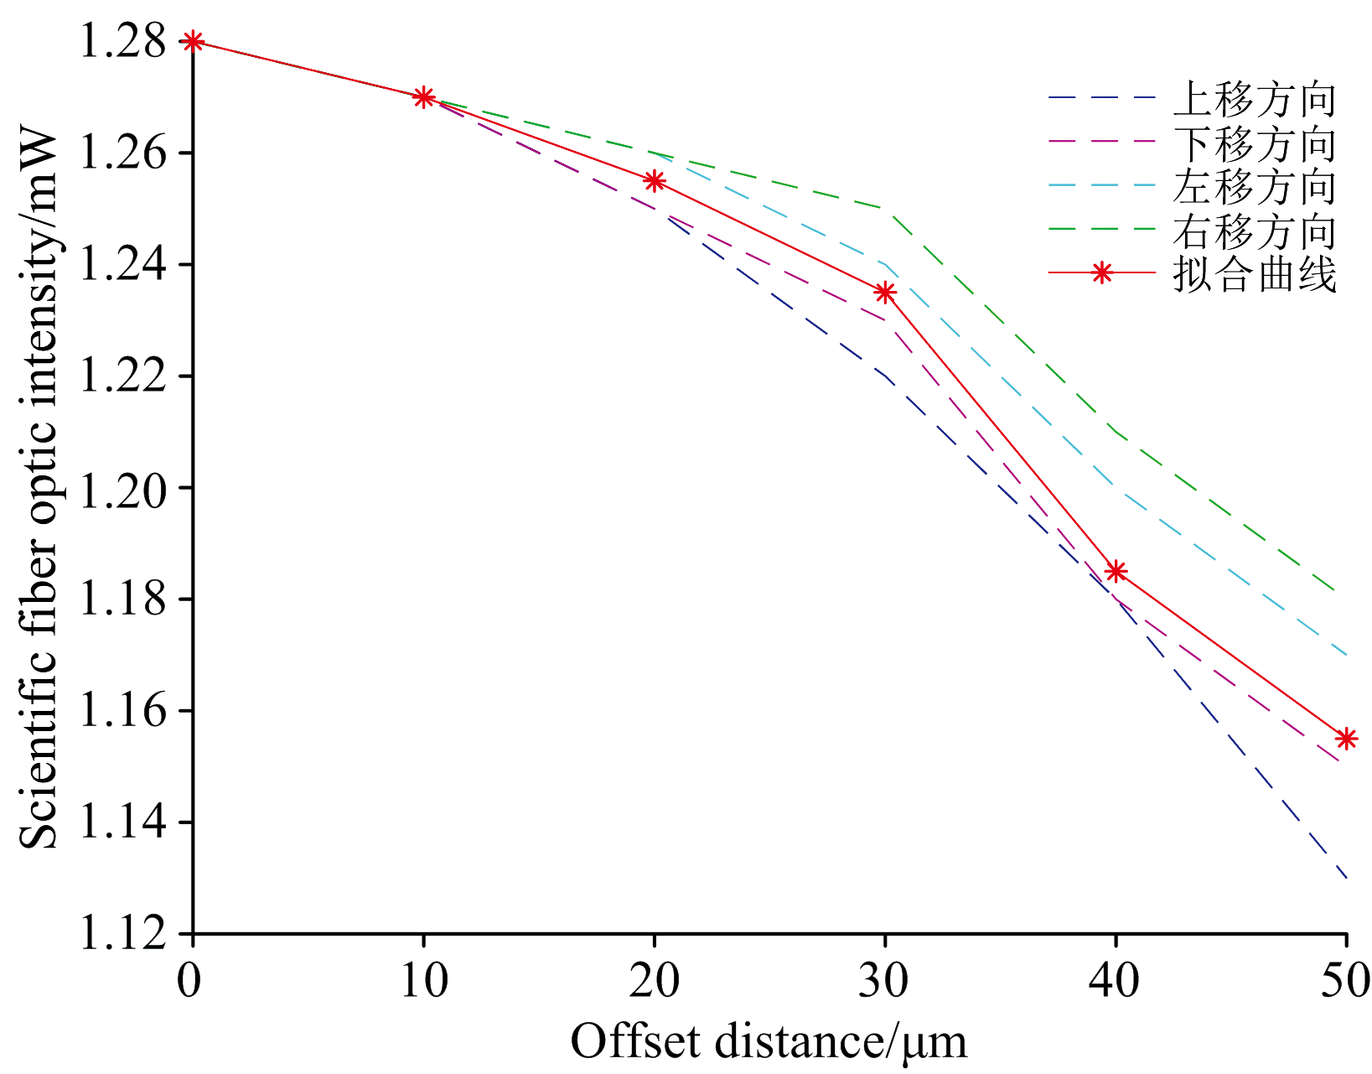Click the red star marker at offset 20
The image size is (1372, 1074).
pos(655,181)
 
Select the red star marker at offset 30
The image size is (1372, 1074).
pos(885,293)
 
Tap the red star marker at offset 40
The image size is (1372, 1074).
pos(1116,572)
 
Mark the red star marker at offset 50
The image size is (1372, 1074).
pos(1346,739)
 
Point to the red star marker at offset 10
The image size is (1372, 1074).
pos(424,97)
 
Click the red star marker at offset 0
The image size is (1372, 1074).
pos(193,41)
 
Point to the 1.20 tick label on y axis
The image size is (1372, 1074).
pos(121,488)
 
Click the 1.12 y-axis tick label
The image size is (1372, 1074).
pos(121,933)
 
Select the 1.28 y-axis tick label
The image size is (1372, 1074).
pos(121,42)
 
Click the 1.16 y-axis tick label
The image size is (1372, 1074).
pos(121,711)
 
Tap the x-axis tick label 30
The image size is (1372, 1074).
pos(885,980)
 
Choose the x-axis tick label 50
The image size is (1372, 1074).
pos(1346,980)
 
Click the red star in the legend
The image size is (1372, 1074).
pos(1102,273)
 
